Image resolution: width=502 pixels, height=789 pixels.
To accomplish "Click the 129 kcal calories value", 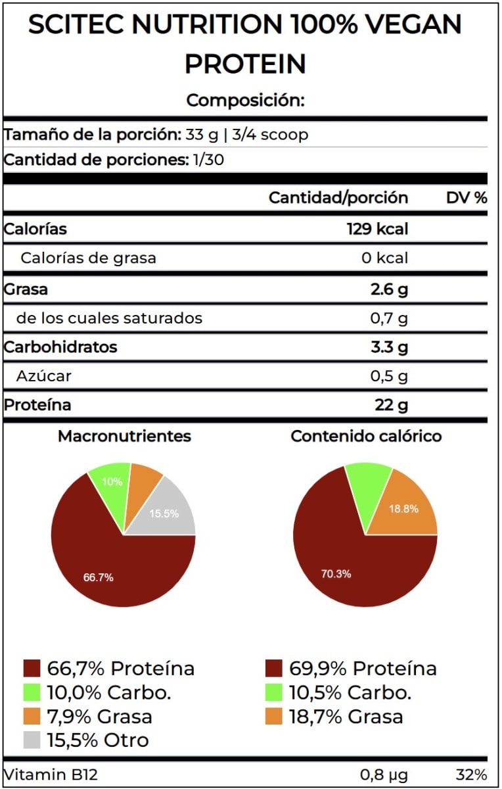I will pyautogui.click(x=377, y=229).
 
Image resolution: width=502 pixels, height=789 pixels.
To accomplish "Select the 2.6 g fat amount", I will pyautogui.click(x=389, y=289).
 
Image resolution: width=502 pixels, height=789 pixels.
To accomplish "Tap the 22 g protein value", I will pyautogui.click(x=391, y=405).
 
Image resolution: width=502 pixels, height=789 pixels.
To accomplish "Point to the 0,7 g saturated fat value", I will pyautogui.click(x=389, y=319).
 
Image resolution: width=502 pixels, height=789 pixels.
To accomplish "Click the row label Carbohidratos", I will pyautogui.click(x=60, y=347).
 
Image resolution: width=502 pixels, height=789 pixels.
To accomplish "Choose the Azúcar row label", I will pyautogui.click(x=45, y=376).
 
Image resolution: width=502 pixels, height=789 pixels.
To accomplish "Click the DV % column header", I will pyautogui.click(x=467, y=198).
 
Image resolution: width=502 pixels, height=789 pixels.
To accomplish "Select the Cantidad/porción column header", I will pyautogui.click(x=338, y=198).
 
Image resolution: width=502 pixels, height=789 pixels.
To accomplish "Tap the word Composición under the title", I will pyautogui.click(x=245, y=101).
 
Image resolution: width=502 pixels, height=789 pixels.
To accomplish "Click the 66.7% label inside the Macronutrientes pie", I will pyautogui.click(x=99, y=577).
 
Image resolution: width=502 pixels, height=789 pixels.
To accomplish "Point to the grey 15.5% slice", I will pyautogui.click(x=164, y=514).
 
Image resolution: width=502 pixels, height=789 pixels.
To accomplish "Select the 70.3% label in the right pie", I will pyautogui.click(x=336, y=574).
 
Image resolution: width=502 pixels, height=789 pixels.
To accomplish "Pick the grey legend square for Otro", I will pyautogui.click(x=32, y=740).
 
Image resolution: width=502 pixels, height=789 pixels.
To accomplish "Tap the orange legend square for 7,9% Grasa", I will pyautogui.click(x=32, y=717).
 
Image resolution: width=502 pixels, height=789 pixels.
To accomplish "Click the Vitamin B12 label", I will pyautogui.click(x=51, y=775).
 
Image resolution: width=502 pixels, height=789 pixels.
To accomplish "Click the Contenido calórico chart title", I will pyautogui.click(x=366, y=436).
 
